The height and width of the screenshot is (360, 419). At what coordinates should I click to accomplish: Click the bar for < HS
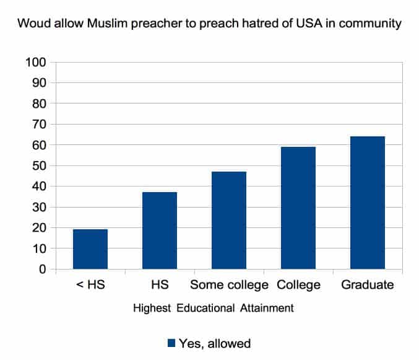coord(90,249)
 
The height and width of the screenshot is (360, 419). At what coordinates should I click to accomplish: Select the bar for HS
coord(160,230)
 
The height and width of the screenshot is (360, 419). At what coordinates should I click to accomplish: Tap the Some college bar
coord(229,220)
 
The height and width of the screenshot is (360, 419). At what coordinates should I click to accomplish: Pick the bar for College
coord(298,208)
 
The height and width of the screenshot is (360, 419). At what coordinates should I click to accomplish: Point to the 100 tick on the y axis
coord(36,63)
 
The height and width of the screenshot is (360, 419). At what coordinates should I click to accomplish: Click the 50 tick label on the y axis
coord(39,166)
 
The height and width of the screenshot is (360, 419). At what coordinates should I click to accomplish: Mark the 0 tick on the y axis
coord(43,270)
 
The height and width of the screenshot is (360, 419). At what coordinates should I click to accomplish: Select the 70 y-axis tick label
coord(39,125)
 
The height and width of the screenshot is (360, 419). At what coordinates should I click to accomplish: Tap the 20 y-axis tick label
coord(39,228)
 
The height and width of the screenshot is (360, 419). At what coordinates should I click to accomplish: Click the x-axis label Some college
coord(229,285)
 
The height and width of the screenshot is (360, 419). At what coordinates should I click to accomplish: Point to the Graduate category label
coord(368,285)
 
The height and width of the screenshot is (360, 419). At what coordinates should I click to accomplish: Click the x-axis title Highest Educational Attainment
coord(213,307)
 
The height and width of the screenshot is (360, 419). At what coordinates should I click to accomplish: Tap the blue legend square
coord(171,343)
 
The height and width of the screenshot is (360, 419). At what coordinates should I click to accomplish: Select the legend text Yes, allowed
coord(214,343)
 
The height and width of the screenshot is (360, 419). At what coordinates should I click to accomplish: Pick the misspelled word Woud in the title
coord(33,25)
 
